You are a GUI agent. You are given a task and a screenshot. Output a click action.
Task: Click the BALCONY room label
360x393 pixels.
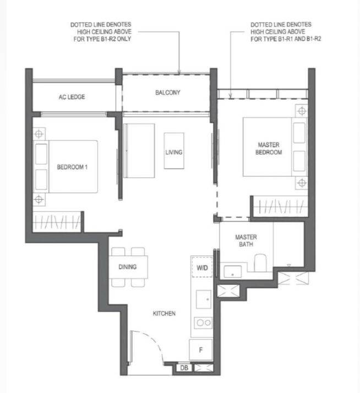[x=168, y=92]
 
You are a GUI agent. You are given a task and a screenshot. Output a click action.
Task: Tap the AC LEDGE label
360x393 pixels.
[x=72, y=97]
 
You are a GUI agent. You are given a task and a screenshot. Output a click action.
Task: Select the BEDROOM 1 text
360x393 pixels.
[x=72, y=167]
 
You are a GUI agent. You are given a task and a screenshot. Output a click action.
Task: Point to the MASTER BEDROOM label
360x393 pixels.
[x=269, y=149]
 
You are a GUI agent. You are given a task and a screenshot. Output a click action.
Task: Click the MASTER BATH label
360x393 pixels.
[x=246, y=241]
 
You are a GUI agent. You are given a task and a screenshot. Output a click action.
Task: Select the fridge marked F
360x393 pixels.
[x=201, y=350]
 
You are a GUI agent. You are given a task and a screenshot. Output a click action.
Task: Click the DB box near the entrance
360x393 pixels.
[x=184, y=368]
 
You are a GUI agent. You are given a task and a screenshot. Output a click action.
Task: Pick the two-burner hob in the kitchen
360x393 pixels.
[x=203, y=323]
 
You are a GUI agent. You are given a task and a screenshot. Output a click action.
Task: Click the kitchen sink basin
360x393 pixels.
[x=203, y=299]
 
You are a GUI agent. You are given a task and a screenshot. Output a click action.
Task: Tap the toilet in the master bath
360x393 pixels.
[x=260, y=263]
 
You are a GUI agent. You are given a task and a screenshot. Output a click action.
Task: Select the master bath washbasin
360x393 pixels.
[x=233, y=272]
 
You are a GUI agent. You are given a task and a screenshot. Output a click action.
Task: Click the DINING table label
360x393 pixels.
[x=128, y=266]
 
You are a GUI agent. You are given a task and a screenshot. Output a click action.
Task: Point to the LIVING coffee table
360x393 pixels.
[x=174, y=151]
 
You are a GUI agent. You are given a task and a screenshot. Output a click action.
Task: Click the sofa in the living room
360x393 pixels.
[x=139, y=151]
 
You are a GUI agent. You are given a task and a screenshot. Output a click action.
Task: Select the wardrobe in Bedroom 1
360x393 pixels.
[x=57, y=222]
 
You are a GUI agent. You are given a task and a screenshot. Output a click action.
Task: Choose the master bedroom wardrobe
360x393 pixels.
[x=280, y=206]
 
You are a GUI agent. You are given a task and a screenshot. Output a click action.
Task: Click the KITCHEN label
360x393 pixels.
[x=164, y=313]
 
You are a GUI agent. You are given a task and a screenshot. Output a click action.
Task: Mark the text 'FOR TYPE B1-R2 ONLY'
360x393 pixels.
[x=102, y=39]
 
